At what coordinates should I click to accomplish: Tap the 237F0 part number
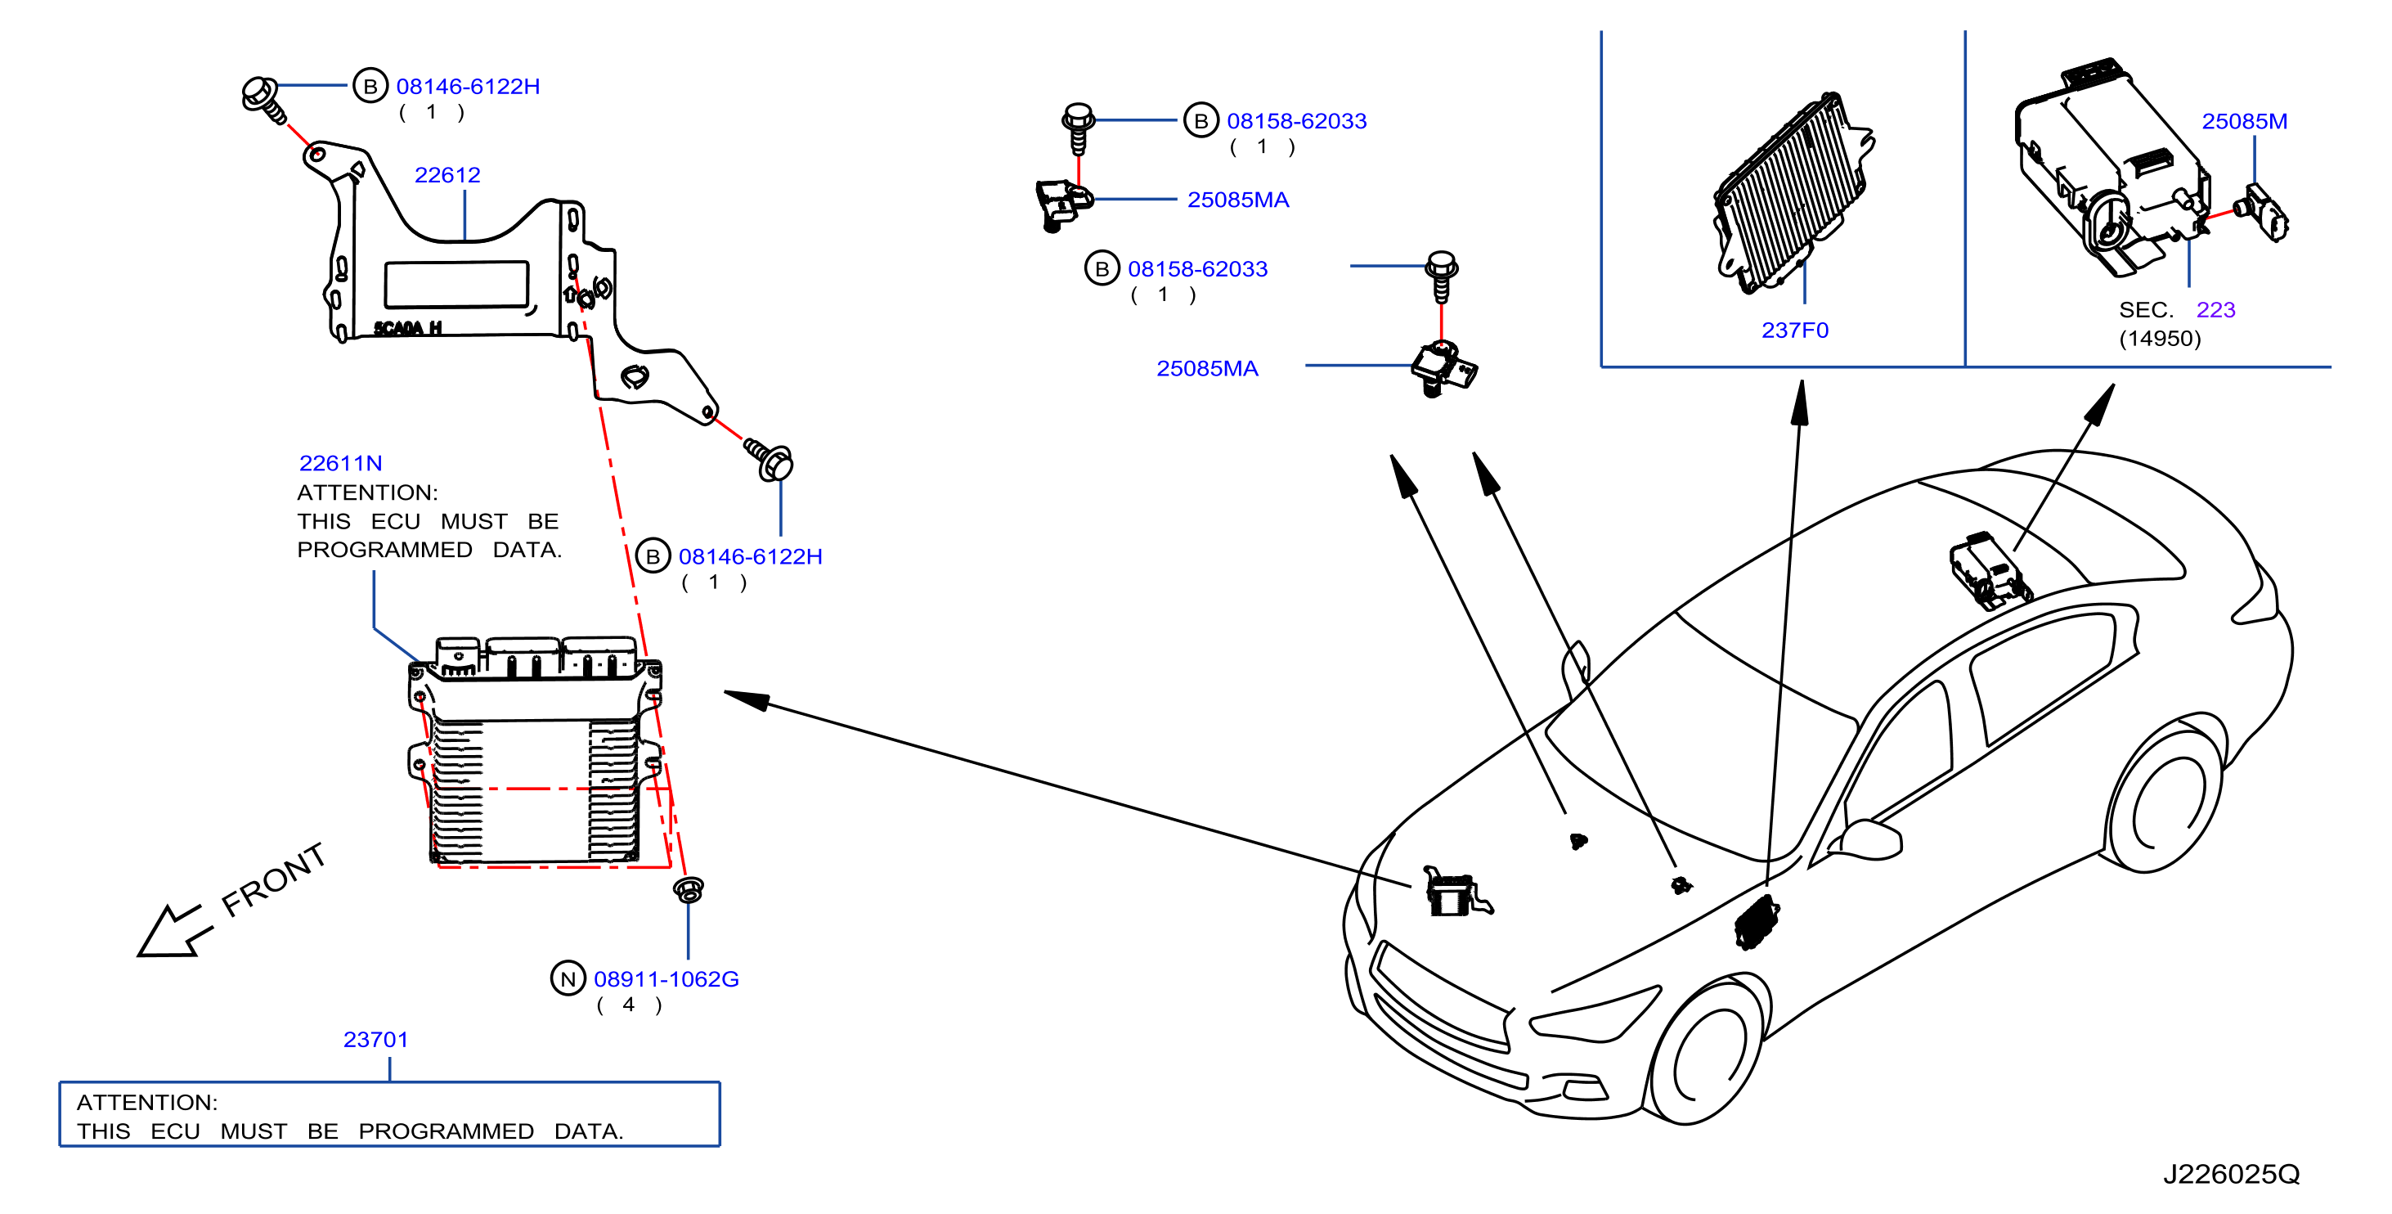[1794, 330]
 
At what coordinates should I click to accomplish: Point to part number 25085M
[2243, 121]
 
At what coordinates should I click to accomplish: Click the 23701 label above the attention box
[375, 1040]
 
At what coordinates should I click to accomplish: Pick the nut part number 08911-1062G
[666, 979]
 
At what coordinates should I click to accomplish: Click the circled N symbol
[568, 979]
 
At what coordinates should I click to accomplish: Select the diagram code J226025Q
[2232, 1174]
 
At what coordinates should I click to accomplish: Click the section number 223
[2215, 309]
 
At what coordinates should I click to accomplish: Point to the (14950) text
[2159, 338]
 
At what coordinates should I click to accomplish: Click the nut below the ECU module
[688, 890]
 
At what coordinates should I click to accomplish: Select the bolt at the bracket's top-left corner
[263, 99]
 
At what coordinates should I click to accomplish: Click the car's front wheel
[1708, 1054]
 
